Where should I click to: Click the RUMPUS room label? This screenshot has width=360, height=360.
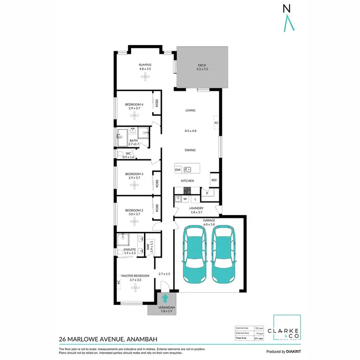pos(145,65)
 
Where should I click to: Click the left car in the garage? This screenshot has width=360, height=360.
pos(194,255)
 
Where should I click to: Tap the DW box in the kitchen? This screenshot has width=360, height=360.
pos(178,169)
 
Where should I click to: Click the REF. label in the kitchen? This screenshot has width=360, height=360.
pos(214,181)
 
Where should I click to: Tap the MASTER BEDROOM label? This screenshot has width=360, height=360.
pos(135,276)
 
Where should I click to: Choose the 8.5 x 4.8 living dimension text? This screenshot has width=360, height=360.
pos(191,131)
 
